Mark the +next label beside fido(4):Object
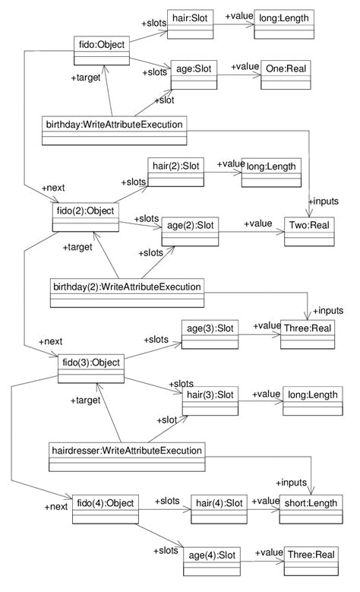[x=56, y=506]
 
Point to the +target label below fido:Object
[x=85, y=78]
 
